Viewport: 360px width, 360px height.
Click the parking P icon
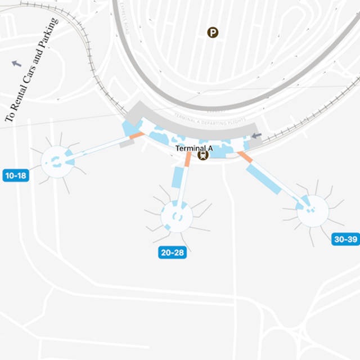click(213, 33)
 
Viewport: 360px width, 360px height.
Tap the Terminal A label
click(193, 148)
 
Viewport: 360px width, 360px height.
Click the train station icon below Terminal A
click(202, 155)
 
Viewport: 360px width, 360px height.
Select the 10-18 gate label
click(16, 175)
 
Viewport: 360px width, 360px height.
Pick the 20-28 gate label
click(172, 253)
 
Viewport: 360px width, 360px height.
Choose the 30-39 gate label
click(345, 239)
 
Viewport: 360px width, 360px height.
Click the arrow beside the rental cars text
click(16, 63)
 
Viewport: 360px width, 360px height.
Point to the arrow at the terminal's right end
click(256, 136)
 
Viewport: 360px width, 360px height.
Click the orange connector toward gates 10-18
click(137, 136)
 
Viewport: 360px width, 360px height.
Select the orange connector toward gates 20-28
click(188, 160)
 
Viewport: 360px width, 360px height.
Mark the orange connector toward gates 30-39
click(244, 157)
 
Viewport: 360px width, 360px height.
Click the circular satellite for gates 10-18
click(57, 162)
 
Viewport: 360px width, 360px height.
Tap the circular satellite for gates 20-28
click(177, 217)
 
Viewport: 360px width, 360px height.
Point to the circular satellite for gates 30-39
click(313, 211)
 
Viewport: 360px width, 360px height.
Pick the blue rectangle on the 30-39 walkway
click(263, 179)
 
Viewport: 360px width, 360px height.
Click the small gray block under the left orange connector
click(127, 144)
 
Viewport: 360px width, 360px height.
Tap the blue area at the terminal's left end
click(133, 128)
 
